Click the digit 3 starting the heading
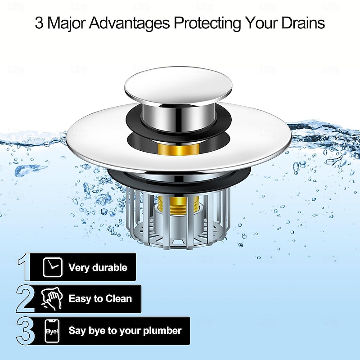(x=40, y=22)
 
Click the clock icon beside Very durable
(x=51, y=267)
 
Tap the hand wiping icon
(x=51, y=298)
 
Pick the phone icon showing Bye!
(x=51, y=331)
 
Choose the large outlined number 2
(x=25, y=298)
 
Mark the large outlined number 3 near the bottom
(x=25, y=331)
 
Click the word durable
(x=109, y=268)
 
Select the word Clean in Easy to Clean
(x=118, y=298)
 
